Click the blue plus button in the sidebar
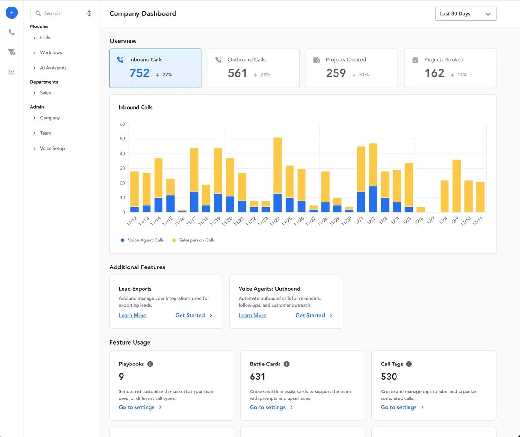(12, 13)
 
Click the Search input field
(56, 13)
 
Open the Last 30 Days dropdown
(466, 14)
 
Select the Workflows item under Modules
(51, 53)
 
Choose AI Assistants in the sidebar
(53, 68)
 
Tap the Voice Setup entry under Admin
(52, 149)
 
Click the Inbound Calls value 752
(139, 73)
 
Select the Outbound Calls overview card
(253, 68)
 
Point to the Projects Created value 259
(336, 73)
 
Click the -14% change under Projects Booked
(461, 75)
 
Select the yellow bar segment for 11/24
(278, 165)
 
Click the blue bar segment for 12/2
(373, 199)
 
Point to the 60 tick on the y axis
(123, 124)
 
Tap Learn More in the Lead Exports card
(132, 316)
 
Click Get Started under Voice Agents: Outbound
(310, 316)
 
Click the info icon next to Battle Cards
(286, 364)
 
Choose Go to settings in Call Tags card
(399, 408)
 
